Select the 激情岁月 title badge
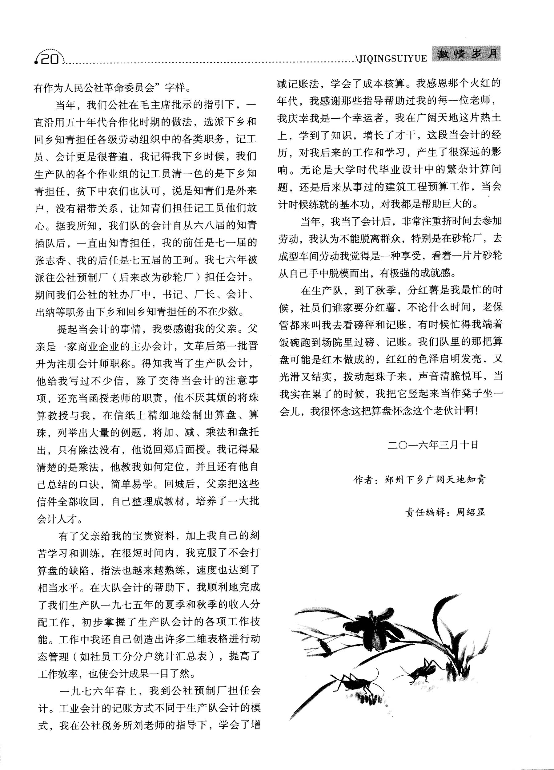click(466, 54)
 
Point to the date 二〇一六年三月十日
click(433, 445)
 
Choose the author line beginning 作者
click(420, 480)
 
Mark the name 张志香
click(51, 260)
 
